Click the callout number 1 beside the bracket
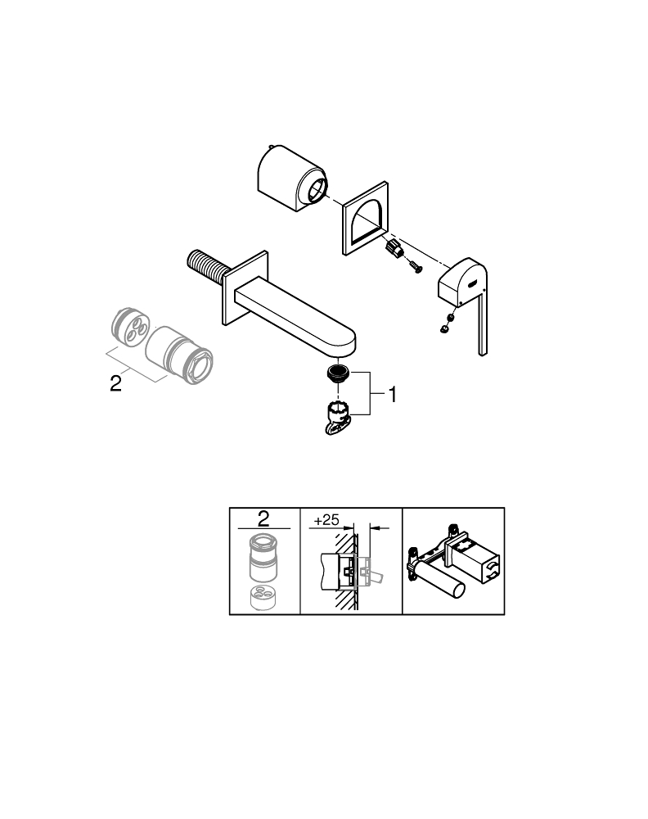(393, 395)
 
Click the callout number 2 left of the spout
(116, 384)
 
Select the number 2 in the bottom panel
(263, 518)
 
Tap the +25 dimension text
(326, 520)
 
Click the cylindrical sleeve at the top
(291, 179)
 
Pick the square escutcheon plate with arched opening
(366, 219)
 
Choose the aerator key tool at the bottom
(336, 418)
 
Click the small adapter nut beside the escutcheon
(394, 249)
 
